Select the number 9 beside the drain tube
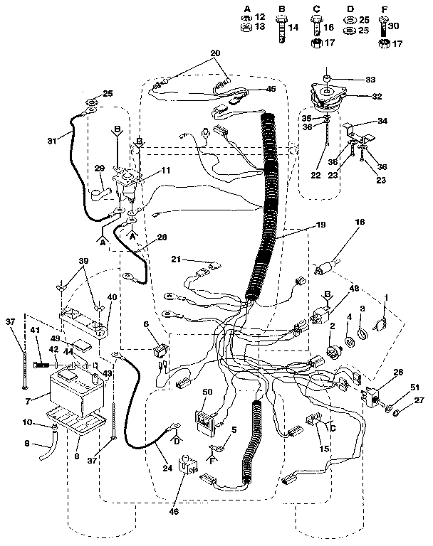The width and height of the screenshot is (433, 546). [x=28, y=445]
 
